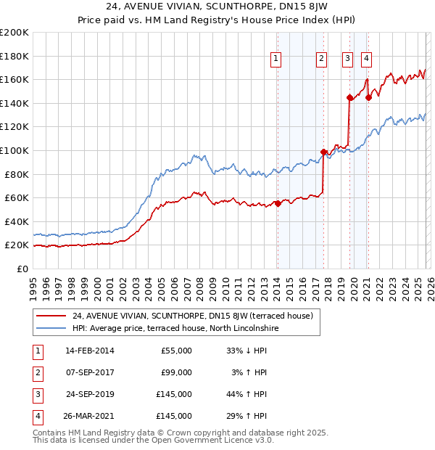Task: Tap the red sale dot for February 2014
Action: point(278,203)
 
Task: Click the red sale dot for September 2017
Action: point(323,152)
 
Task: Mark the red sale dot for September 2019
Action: point(349,97)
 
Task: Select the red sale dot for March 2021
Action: point(368,97)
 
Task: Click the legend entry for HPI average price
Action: point(175,328)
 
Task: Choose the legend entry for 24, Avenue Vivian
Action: point(192,316)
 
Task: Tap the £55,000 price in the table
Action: point(176,351)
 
